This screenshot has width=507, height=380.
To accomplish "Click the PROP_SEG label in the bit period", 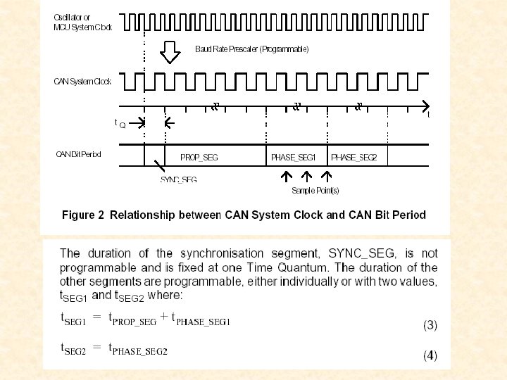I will [199, 158].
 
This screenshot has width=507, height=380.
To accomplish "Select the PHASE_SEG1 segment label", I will [294, 158].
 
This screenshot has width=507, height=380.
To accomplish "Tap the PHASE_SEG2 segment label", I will [354, 158].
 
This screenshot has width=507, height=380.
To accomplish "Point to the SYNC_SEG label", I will [179, 179].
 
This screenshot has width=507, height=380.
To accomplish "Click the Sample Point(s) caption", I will [315, 191].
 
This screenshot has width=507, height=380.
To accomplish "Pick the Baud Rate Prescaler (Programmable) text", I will [252, 49].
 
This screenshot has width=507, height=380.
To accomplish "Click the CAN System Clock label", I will [83, 82].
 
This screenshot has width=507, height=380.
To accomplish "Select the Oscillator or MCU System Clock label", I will [82, 23].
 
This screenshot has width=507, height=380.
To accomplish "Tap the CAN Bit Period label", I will [79, 154].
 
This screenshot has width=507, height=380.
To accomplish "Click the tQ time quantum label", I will [120, 123].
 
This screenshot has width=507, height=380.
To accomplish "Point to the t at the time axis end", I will [429, 115].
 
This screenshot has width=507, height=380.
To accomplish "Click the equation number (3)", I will [430, 325].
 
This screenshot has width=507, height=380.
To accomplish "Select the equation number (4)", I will [430, 355].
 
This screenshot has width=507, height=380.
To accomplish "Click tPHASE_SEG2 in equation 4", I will [138, 350].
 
